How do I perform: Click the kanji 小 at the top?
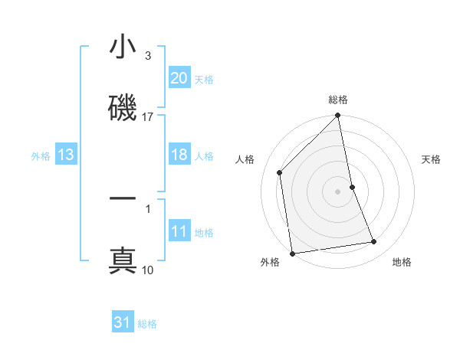(123, 48)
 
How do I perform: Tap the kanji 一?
(123, 199)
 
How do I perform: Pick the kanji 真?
(123, 260)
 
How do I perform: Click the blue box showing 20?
(179, 77)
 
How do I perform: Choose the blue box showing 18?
(179, 155)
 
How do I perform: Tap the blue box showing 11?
(179, 231)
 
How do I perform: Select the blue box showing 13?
(66, 155)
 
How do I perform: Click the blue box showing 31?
(123, 322)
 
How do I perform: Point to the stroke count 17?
(148, 116)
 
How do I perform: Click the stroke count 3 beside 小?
(148, 56)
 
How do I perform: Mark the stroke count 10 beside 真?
(148, 270)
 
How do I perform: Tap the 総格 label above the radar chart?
(338, 100)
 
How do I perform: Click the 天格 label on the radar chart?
(432, 159)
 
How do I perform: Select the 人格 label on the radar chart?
(246, 159)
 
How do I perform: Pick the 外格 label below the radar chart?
(270, 262)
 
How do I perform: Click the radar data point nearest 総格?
(337, 116)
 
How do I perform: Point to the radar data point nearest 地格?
(374, 242)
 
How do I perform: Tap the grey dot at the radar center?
(337, 191)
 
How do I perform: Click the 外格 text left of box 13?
(40, 155)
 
